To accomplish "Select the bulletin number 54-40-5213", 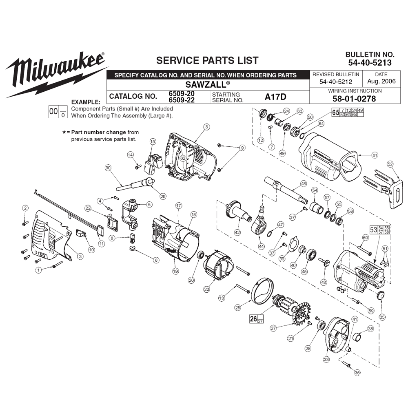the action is click(x=370, y=63).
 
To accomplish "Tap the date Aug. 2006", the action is click(x=381, y=82).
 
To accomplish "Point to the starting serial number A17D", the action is click(x=275, y=97).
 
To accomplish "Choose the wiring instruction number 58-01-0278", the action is click(x=354, y=99).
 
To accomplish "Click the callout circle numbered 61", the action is click(x=375, y=155).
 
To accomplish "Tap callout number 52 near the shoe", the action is click(x=390, y=164).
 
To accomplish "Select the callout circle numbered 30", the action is click(x=108, y=168).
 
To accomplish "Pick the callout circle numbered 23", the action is click(x=206, y=289).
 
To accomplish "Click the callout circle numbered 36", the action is click(x=357, y=373).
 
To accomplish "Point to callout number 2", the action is click(x=25, y=208).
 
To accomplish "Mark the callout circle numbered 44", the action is click(x=261, y=246).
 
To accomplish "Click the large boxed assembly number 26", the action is click(x=253, y=319).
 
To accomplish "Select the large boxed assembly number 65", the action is click(x=335, y=113).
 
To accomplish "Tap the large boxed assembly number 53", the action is click(x=373, y=230).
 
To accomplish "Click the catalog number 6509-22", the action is click(x=182, y=100).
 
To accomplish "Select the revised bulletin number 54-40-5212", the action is click(x=336, y=82).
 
